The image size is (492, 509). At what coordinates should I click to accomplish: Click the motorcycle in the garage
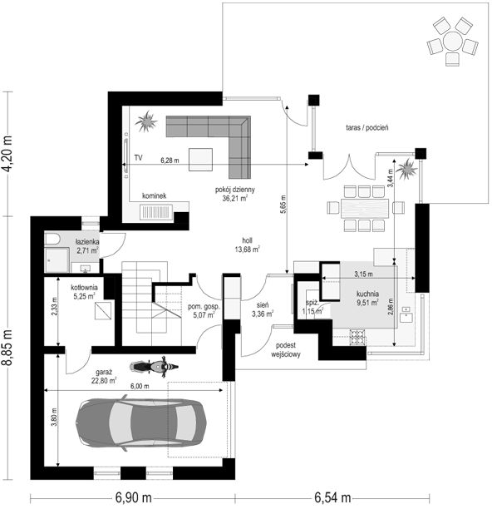coord(154,367)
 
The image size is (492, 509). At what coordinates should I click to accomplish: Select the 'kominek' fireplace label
coord(155,195)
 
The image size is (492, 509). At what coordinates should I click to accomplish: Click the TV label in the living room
coord(139,158)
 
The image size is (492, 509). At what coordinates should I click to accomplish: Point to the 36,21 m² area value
coord(235,198)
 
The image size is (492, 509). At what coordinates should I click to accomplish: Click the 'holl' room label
coord(247,240)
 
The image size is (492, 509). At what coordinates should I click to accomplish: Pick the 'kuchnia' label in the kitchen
coord(367,294)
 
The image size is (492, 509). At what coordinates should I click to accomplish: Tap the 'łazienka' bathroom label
coord(87,242)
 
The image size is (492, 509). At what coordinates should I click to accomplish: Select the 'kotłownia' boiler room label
coord(84,288)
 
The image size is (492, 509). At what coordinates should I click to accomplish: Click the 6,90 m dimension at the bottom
coord(133,497)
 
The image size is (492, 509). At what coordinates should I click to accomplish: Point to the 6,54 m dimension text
coord(332,497)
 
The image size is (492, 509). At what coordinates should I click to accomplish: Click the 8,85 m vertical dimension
coord(7,348)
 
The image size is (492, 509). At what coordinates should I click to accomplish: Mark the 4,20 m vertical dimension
coord(7,153)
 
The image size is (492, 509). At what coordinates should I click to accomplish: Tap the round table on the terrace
coord(452,42)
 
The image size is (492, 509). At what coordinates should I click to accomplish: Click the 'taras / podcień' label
coord(367,127)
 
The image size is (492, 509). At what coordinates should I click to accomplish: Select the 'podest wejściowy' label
coord(286,350)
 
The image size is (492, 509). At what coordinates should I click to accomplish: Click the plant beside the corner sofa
coord(146,121)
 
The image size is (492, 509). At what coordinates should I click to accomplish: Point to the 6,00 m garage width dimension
coord(140,386)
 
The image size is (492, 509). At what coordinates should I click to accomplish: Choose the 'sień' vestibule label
coord(262,305)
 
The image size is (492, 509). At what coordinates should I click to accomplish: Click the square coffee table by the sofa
coord(201,160)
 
